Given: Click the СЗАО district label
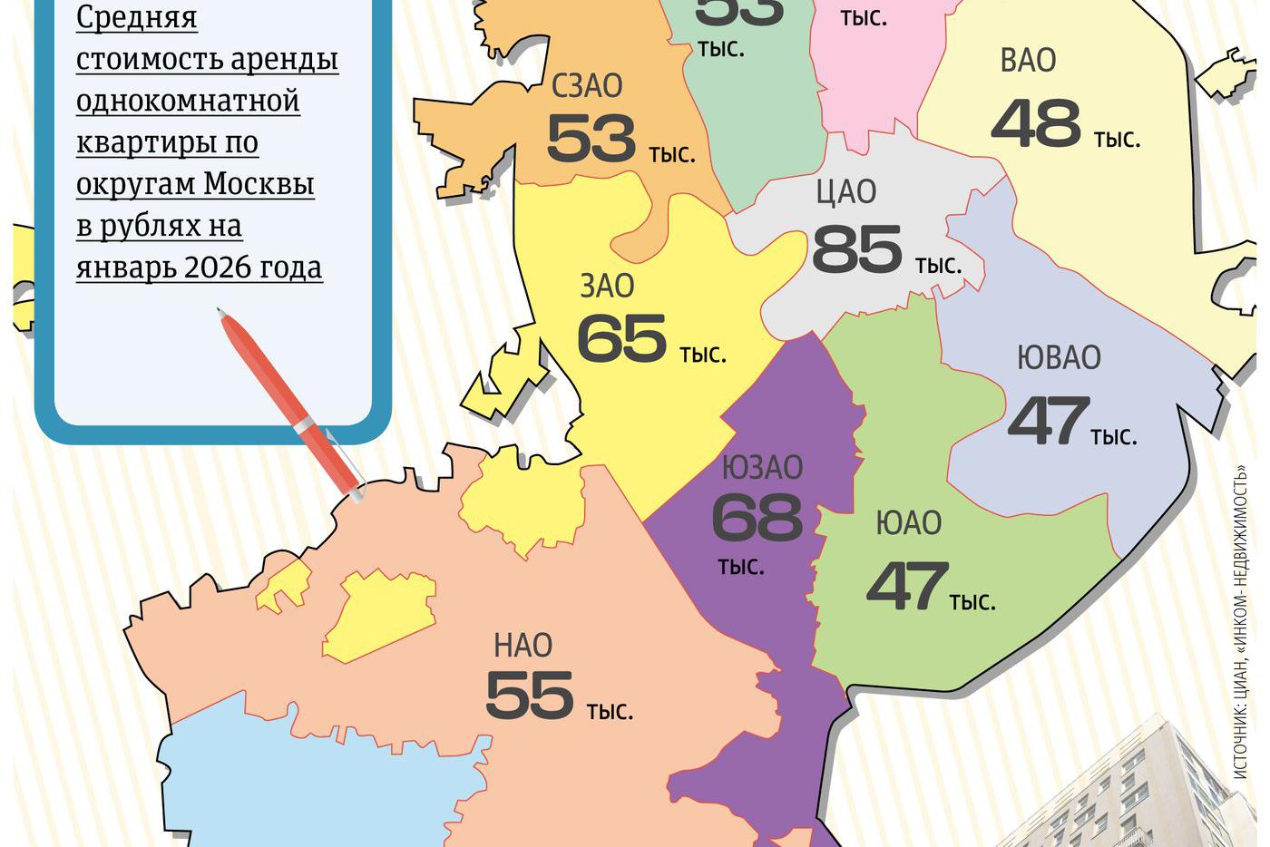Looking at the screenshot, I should pyautogui.click(x=587, y=86).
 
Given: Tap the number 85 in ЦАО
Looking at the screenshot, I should pyautogui.click(x=856, y=249).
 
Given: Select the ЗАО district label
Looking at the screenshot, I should pyautogui.click(x=607, y=287).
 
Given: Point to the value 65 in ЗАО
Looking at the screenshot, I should pyautogui.click(x=621, y=340).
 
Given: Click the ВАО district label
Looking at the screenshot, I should pyautogui.click(x=1028, y=61).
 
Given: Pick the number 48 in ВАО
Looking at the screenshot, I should pyautogui.click(x=1035, y=124).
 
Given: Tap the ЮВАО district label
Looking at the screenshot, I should pyautogui.click(x=1059, y=357).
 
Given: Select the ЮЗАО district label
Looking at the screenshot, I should pyautogui.click(x=762, y=468).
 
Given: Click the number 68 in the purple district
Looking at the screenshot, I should pyautogui.click(x=757, y=518).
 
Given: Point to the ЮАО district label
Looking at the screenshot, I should pyautogui.click(x=908, y=523).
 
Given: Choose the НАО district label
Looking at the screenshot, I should pyautogui.click(x=523, y=646).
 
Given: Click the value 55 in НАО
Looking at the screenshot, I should pyautogui.click(x=530, y=696).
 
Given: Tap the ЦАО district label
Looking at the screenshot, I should pyautogui.click(x=845, y=192).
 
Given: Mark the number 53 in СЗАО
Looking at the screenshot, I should pyautogui.click(x=591, y=140).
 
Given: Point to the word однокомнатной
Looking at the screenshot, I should pyautogui.click(x=188, y=101).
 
